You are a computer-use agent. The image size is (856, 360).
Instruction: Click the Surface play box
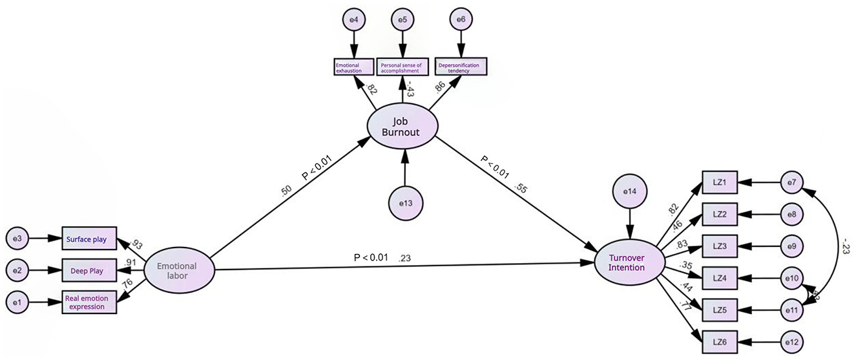tap(89, 239)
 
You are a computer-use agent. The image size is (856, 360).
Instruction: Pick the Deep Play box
tap(89, 270)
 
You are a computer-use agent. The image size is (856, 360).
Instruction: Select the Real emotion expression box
tap(89, 302)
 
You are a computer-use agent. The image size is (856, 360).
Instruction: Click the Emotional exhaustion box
tap(353, 66)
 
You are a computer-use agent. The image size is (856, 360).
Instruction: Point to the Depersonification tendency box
tap(461, 66)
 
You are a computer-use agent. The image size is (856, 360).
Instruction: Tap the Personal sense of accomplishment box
tap(403, 66)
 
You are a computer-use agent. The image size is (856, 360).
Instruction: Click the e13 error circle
tap(405, 202)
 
